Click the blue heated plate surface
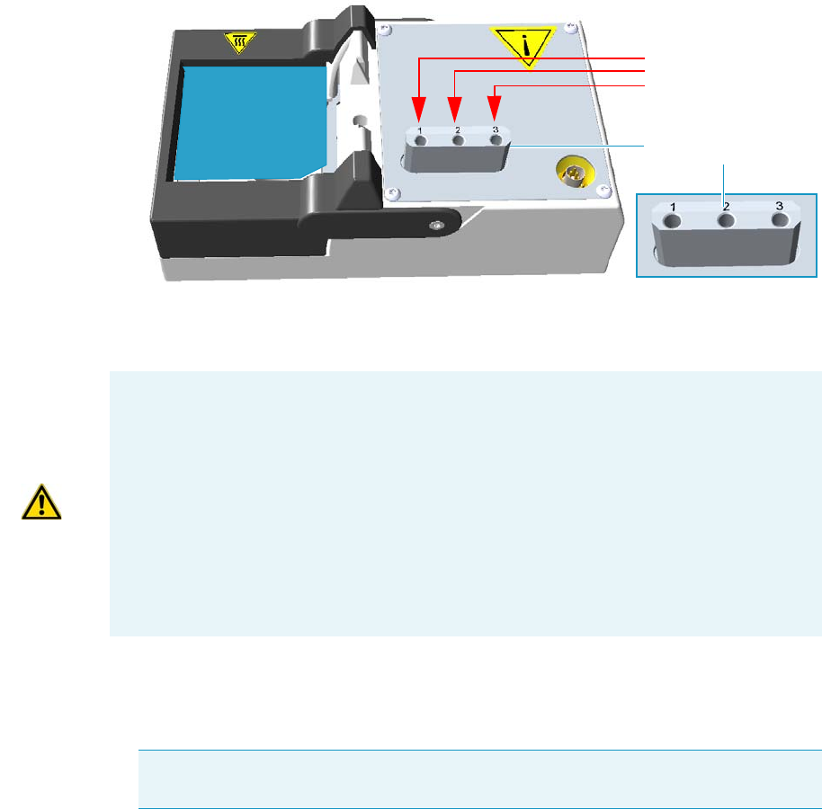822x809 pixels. [247, 121]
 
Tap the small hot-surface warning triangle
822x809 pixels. [240, 42]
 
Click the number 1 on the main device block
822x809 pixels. [419, 130]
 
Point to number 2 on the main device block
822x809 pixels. [457, 130]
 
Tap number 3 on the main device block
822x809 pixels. [495, 129]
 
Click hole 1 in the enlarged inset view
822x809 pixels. [674, 220]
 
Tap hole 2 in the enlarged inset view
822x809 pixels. [726, 219]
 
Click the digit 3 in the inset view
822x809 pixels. [780, 204]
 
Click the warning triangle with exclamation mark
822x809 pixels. [42, 502]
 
